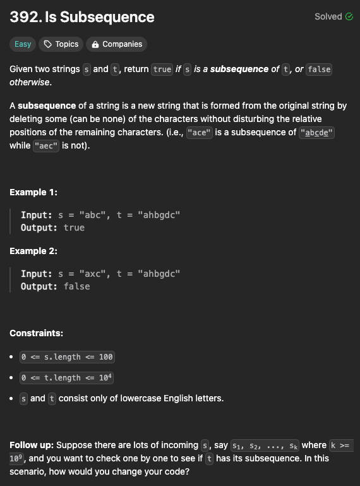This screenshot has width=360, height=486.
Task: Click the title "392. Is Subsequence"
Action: click(81, 16)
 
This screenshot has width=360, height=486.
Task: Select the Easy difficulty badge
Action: click(23, 44)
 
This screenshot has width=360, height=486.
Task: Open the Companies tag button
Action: click(116, 44)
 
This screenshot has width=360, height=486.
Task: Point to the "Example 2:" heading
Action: click(33, 251)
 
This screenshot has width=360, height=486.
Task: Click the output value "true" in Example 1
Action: click(74, 228)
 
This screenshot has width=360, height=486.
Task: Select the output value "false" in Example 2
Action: click(76, 286)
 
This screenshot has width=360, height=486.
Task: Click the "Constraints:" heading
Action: click(36, 333)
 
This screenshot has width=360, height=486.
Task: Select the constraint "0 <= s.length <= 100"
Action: click(67, 357)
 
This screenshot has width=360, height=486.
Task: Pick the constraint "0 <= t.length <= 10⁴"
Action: click(67, 378)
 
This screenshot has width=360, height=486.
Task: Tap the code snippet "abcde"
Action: click(318, 133)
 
